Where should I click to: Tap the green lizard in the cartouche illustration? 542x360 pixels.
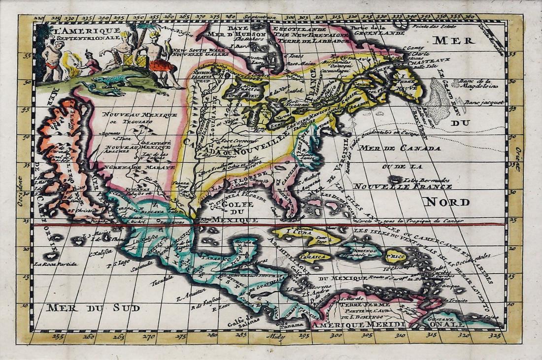pos(110,80)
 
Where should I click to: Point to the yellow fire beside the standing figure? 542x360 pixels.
pos(74,71)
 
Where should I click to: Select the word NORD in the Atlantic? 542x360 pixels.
pos(447,202)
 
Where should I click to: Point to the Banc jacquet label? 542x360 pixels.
pos(485,102)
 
